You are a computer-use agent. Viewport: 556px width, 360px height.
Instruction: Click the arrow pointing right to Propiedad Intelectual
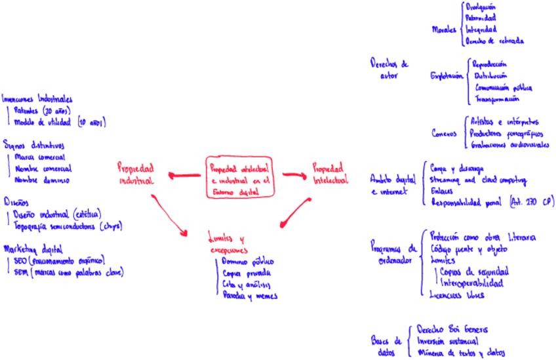tap(294, 174)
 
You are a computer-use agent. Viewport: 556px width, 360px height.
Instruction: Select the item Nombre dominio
tap(41, 180)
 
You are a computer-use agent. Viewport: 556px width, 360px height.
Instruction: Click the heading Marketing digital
tap(33, 249)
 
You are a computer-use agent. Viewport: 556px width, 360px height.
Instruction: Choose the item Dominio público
tap(245, 262)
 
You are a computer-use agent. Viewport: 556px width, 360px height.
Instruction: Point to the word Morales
tap(444, 30)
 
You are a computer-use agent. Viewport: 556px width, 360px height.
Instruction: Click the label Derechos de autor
tap(388, 70)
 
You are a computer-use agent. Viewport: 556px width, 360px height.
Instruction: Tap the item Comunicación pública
tap(503, 87)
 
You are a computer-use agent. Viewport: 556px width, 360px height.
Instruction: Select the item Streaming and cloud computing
tap(478, 179)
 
